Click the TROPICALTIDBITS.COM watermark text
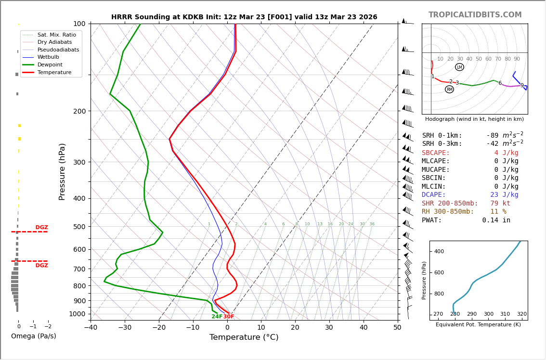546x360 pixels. tap(475, 15)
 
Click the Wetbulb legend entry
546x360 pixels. tap(48, 57)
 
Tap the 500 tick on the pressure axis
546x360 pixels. tap(79, 227)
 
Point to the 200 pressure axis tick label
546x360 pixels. tap(79, 111)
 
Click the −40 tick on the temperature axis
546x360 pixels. tap(91, 328)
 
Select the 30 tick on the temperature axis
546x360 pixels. tap(329, 328)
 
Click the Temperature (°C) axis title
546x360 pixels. tap(244, 337)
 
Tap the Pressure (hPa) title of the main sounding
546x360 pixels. tap(62, 171)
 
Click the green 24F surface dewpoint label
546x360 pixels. tap(217, 317)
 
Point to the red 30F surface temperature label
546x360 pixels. tap(229, 317)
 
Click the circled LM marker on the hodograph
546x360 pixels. tap(459, 67)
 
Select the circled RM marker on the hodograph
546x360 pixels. tap(449, 90)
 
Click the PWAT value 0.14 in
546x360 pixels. tap(496, 220)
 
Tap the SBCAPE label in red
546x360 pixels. tap(436, 153)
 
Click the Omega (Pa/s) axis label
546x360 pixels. tap(34, 336)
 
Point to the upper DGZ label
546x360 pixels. tap(41, 228)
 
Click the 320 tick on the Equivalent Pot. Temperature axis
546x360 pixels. tap(522, 314)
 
